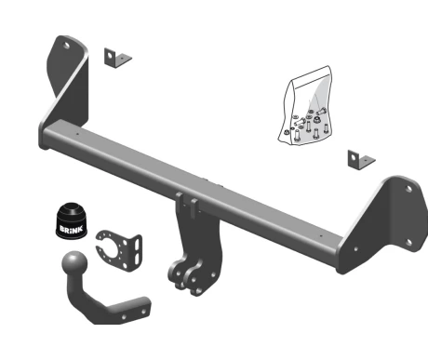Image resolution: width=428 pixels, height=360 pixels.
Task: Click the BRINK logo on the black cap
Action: [x=71, y=230]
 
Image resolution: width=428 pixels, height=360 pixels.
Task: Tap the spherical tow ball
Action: [x=74, y=262]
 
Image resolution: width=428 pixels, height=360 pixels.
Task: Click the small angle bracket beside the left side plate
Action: [x=117, y=58]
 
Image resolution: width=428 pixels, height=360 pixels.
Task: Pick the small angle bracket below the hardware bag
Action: [x=361, y=160]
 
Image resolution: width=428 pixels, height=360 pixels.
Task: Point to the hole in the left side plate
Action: [x=67, y=47]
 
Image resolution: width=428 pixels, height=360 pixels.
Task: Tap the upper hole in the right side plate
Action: [x=408, y=189]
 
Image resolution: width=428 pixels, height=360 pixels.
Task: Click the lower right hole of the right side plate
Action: [x=409, y=242]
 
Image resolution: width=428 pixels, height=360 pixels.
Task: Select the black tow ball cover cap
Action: [x=72, y=221]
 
